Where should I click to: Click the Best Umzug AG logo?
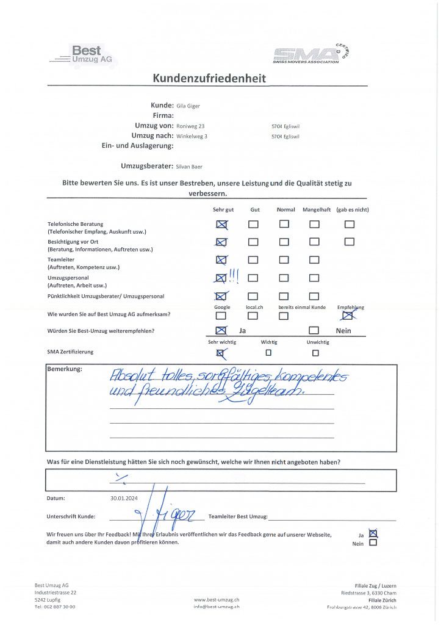84,55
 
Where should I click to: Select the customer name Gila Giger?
188,106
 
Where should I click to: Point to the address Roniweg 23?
190,126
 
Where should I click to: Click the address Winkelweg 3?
192,136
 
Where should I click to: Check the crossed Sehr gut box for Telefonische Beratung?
221,225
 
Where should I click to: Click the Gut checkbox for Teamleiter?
253,260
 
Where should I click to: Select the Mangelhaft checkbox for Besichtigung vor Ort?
314,242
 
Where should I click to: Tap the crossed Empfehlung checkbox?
350,316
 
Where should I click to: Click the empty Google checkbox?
221,316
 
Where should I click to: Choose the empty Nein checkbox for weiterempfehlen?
314,331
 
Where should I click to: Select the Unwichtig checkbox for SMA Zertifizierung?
315,352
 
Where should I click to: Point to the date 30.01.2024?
124,498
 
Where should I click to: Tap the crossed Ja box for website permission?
373,533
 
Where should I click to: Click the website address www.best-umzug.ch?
217,601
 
